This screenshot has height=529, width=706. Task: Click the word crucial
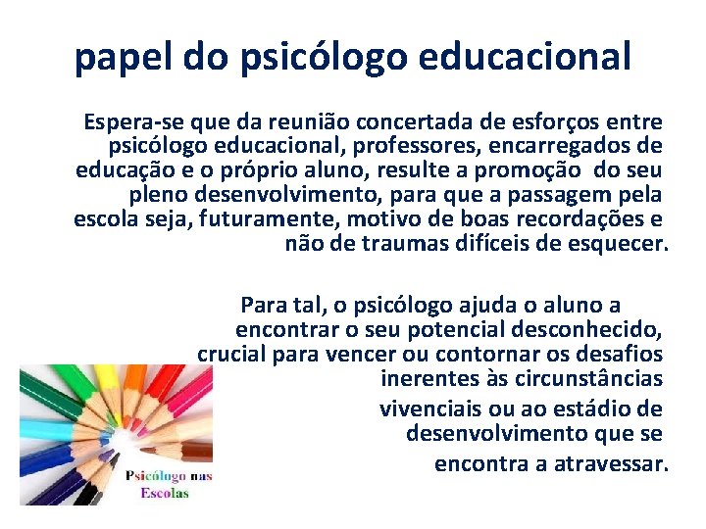[231, 354]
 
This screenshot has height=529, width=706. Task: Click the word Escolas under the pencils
[164, 493]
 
